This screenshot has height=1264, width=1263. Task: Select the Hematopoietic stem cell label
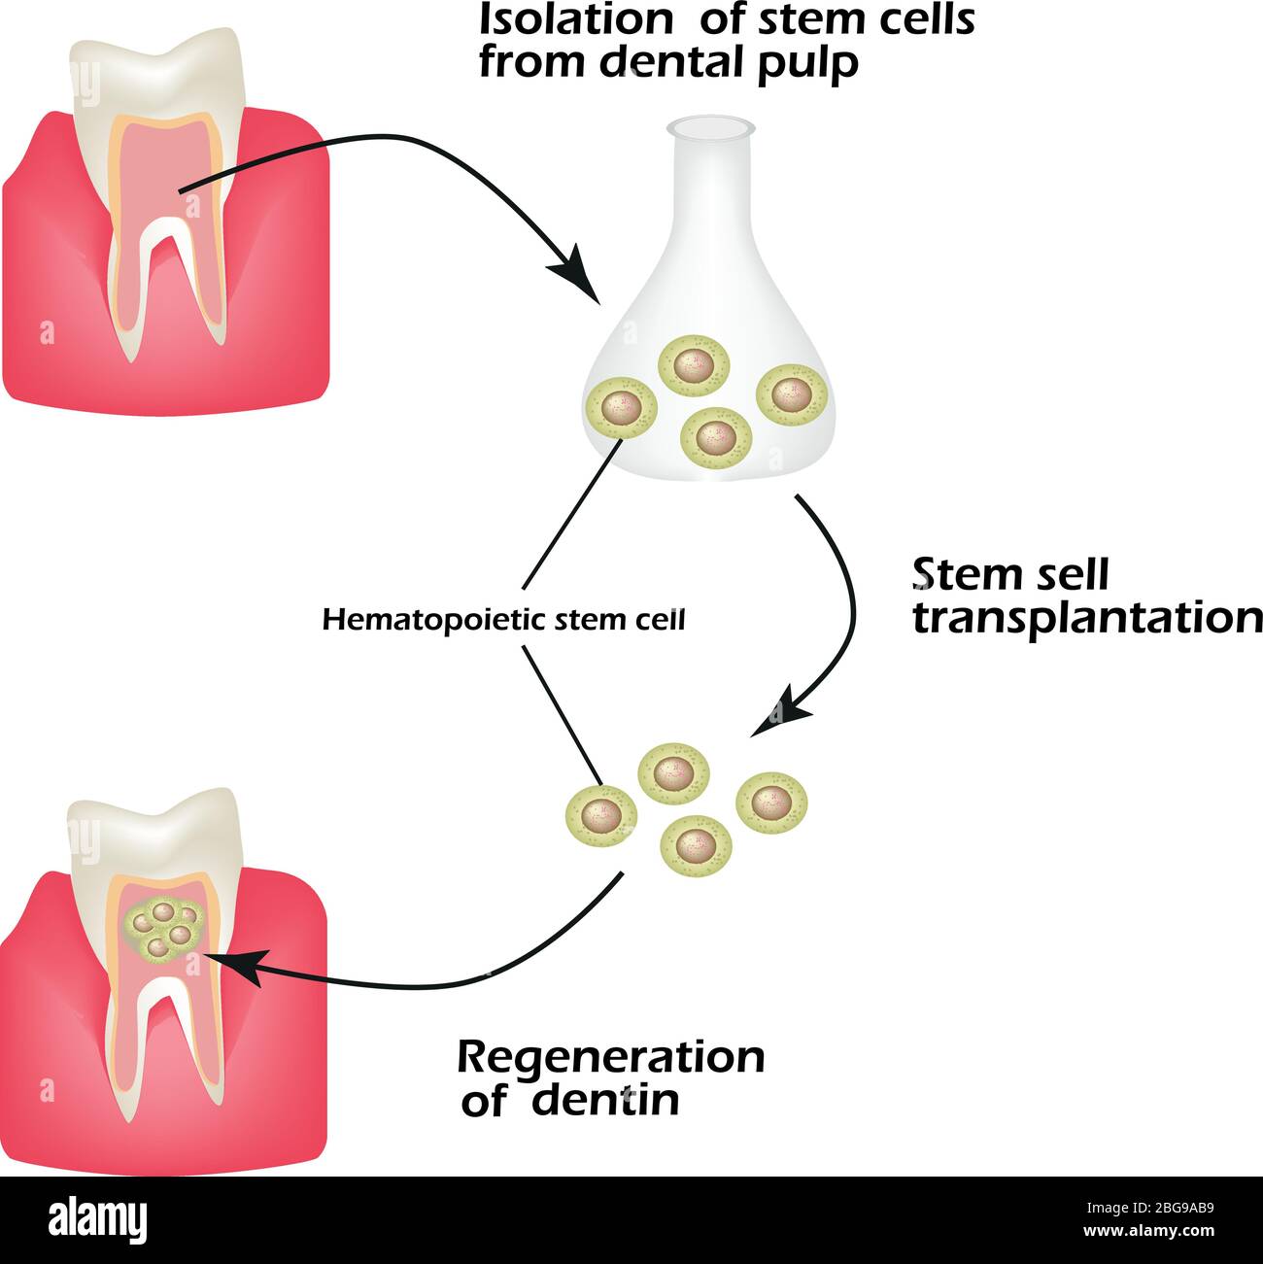click(x=503, y=620)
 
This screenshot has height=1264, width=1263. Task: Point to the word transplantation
click(x=1087, y=618)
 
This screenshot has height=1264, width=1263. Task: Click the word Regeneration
click(x=610, y=1057)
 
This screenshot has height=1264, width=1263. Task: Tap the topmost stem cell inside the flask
click(x=694, y=367)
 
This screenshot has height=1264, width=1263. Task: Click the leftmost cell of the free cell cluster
click(x=601, y=814)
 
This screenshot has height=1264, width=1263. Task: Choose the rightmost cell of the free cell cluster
click(x=772, y=802)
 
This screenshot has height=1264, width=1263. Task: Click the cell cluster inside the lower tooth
click(x=164, y=927)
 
